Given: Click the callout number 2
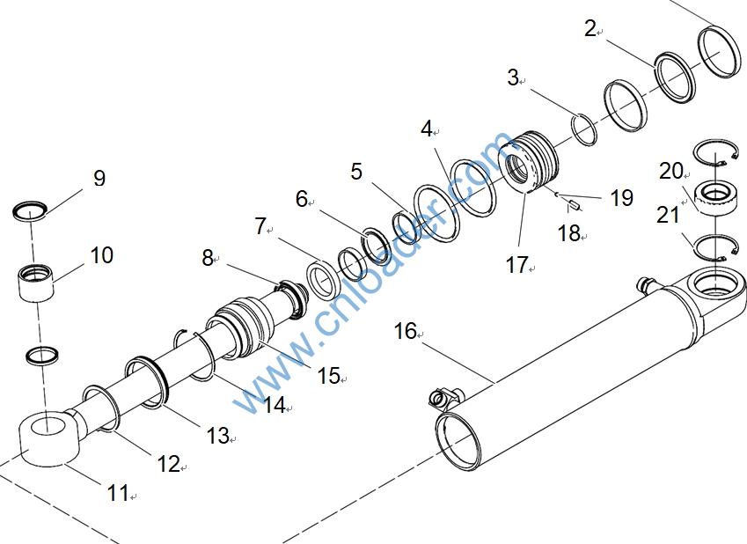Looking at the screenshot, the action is pos(590,29).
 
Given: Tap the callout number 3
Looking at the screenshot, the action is pos(513,77).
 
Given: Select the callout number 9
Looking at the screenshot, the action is pos(99,179).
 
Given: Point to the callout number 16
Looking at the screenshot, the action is pos(406,331).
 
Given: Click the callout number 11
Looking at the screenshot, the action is pos(118,493).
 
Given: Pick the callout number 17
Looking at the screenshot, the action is pos(516,265).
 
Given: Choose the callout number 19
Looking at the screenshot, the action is pos(622,197).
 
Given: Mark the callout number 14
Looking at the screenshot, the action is pos(275,405).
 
